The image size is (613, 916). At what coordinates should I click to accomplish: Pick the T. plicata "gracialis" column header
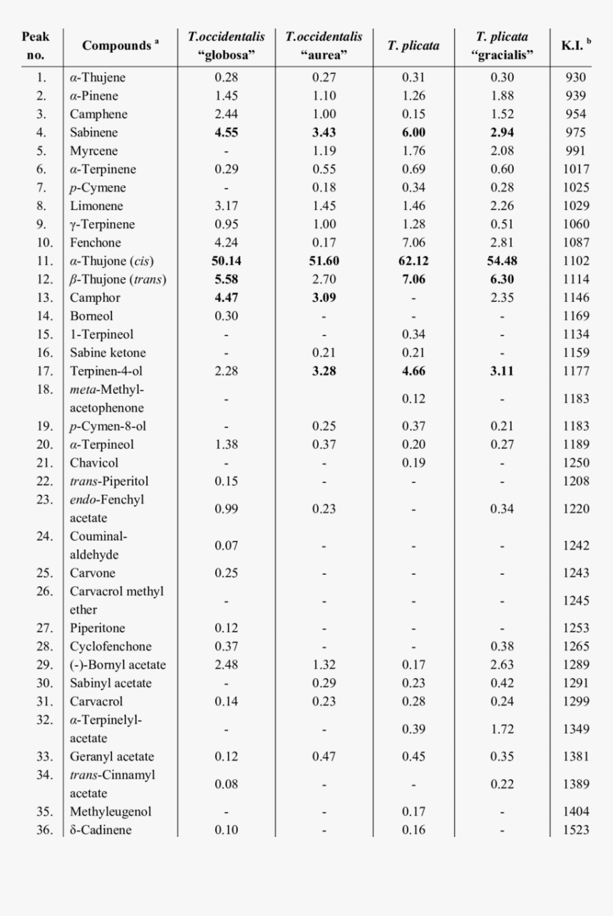pyautogui.click(x=503, y=46)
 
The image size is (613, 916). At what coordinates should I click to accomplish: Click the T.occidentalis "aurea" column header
pyautogui.click(x=324, y=46)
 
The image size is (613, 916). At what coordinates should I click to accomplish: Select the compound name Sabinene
pyautogui.click(x=93, y=132)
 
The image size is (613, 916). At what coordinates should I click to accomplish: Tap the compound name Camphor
pyautogui.click(x=95, y=298)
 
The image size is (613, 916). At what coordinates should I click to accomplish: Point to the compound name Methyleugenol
pyautogui.click(x=110, y=811)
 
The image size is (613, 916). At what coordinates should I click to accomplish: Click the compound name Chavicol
pyautogui.click(x=94, y=463)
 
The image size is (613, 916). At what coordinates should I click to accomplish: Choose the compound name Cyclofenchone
pyautogui.click(x=110, y=647)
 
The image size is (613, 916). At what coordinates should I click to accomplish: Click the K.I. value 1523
pyautogui.click(x=575, y=830)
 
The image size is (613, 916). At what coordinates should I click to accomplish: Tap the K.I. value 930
pyautogui.click(x=575, y=78)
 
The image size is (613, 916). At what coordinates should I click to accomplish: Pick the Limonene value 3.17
pyautogui.click(x=227, y=207)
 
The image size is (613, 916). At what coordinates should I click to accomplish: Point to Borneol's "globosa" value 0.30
pyautogui.click(x=227, y=316)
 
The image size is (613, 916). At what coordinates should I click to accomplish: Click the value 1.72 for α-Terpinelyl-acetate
pyautogui.click(x=503, y=729)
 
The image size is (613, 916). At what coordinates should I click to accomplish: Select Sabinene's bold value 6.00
pyautogui.click(x=413, y=132)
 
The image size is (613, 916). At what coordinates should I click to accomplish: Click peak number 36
pyautogui.click(x=41, y=830)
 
